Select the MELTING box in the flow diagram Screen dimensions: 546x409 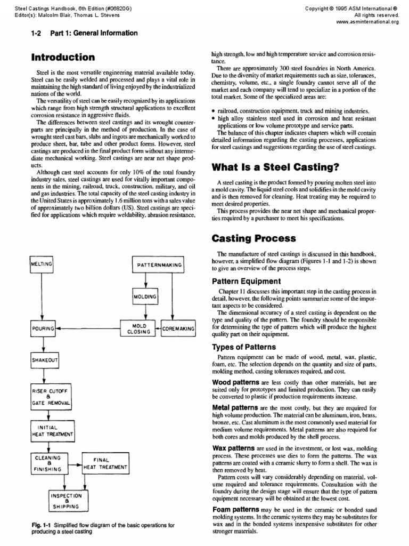pos(42,264)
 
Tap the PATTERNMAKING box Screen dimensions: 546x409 pos(158,264)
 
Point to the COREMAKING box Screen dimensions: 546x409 pos(178,328)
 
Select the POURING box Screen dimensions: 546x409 pos(43,328)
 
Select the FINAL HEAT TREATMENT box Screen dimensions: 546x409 pos(105,464)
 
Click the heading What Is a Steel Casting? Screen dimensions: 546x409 pos(275,167)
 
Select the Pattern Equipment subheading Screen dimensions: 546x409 pos(247,280)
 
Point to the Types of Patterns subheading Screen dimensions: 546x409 pos(244,347)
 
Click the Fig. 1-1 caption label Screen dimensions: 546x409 pos(41,525)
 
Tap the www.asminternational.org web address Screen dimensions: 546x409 pos(368,22)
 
